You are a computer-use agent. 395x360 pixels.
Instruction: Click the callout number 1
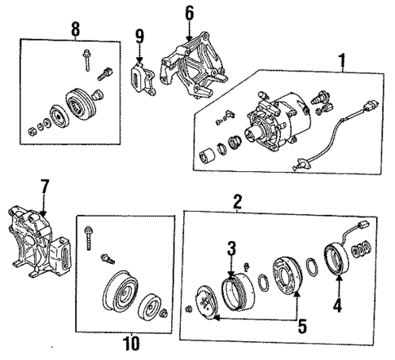[341, 59]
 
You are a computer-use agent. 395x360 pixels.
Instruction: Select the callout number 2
[237, 200]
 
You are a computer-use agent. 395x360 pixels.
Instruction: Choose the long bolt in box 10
[88, 239]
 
